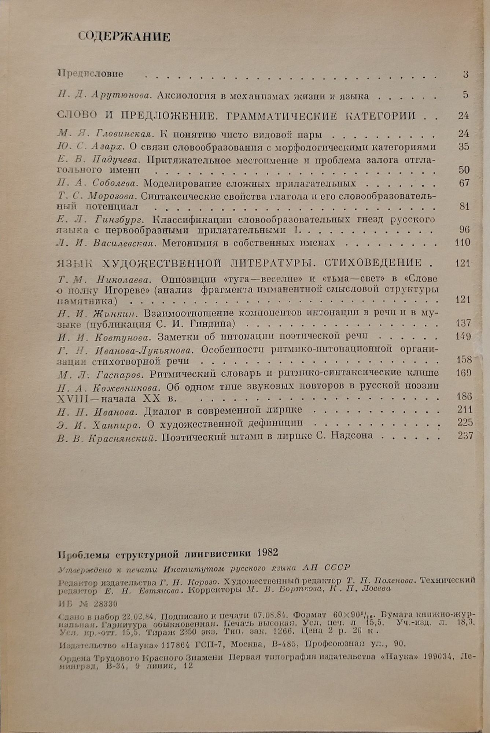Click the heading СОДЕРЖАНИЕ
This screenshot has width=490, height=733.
[124, 37]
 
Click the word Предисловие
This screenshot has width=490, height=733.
[91, 74]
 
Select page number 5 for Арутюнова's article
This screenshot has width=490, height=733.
[465, 95]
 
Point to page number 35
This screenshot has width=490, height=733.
[464, 147]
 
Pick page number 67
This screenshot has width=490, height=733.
[464, 183]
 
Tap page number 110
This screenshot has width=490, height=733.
[462, 242]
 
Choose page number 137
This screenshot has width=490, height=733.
[463, 323]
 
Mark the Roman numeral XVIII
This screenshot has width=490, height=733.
[73, 398]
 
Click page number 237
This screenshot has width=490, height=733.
[465, 435]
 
